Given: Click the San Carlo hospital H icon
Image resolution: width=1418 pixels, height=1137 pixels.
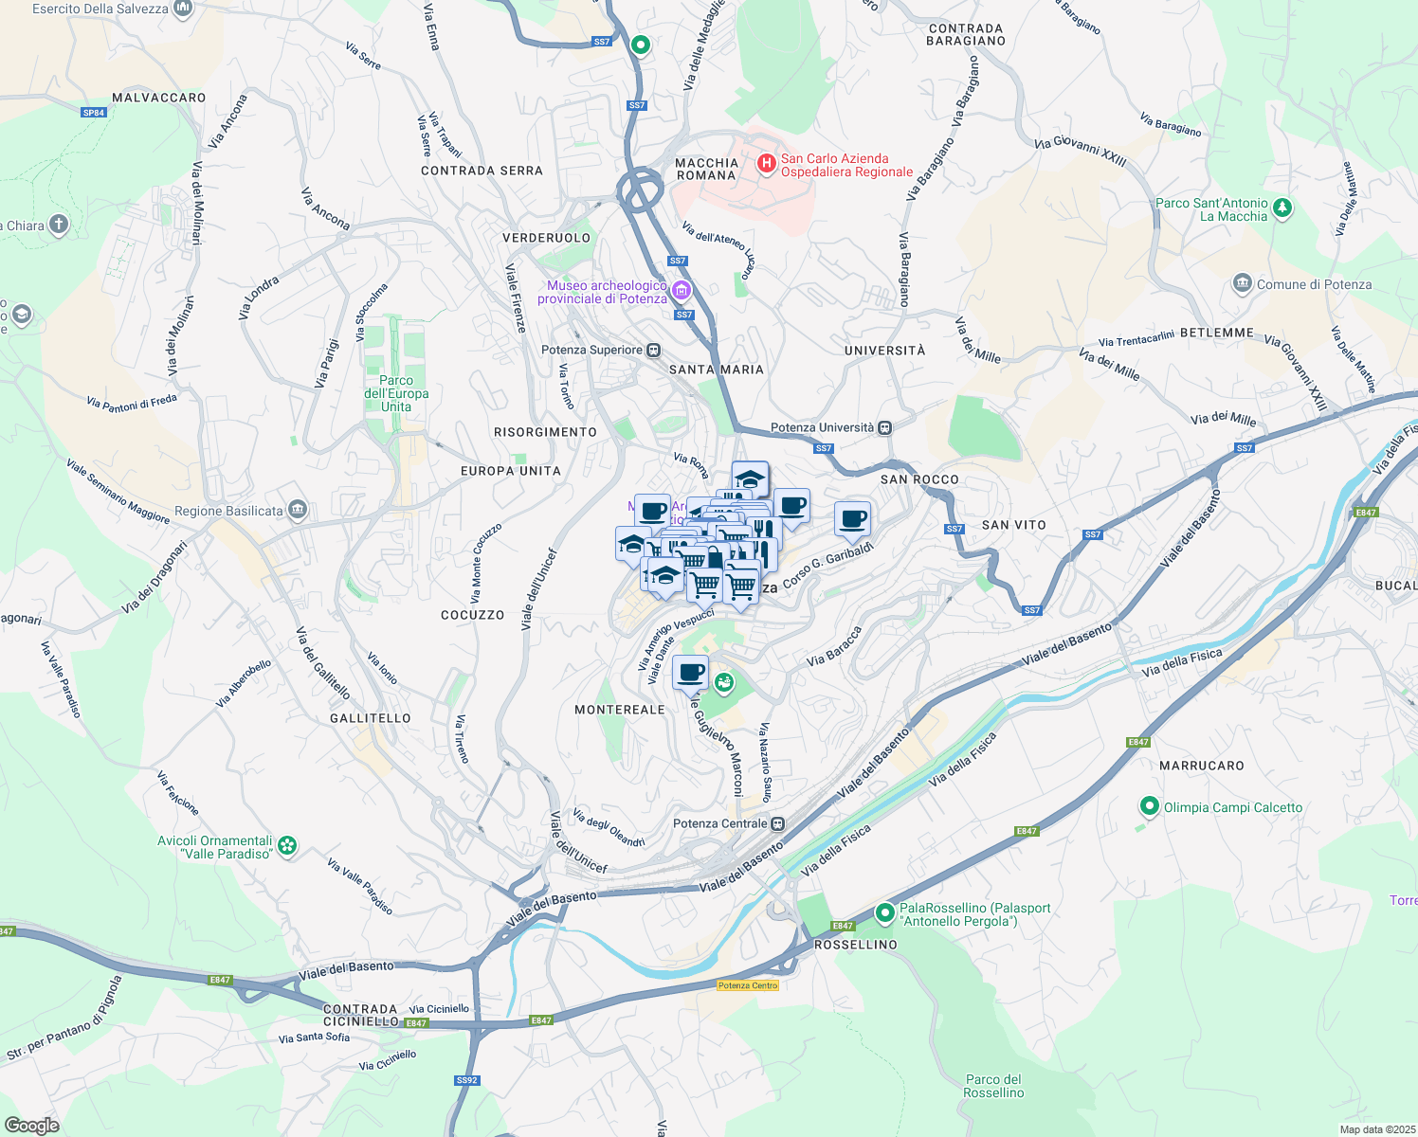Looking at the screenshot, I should point(767,165).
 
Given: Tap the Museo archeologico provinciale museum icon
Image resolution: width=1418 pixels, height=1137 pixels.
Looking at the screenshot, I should point(682,290).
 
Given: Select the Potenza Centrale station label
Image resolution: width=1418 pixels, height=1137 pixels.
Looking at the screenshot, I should point(719,823).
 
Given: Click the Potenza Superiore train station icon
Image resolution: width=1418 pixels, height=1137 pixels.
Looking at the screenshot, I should point(654,351).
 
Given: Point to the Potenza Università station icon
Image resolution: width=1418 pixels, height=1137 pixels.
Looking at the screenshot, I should point(884,427).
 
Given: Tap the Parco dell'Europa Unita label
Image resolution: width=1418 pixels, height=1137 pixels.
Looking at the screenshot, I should point(396,393).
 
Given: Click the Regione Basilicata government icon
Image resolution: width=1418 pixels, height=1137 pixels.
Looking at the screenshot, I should point(298,511).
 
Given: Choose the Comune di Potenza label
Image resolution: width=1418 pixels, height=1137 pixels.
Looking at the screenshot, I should point(1314,284).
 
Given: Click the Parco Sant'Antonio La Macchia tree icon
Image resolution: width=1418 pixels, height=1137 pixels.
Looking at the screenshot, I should point(1282,208).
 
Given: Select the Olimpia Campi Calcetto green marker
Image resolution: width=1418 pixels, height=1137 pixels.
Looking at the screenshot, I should point(1150,807).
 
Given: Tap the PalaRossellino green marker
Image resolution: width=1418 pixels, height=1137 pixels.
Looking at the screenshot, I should point(884,913).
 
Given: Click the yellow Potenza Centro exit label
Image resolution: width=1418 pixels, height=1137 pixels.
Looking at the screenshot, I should point(748,985).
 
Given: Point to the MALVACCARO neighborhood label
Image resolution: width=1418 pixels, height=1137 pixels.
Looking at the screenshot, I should point(158,98).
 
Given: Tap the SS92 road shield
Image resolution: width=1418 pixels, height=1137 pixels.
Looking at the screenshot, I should point(466,1080).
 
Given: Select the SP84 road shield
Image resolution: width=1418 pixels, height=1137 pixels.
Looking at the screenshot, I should point(93,113).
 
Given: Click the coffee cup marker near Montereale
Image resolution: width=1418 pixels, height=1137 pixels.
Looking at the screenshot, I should point(691,674).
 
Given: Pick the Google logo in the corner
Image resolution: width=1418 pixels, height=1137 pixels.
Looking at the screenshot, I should point(31,1126).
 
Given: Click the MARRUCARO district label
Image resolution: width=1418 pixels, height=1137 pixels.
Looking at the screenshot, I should point(1202,766).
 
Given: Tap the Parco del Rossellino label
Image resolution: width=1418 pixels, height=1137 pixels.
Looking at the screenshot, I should point(993,1086).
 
